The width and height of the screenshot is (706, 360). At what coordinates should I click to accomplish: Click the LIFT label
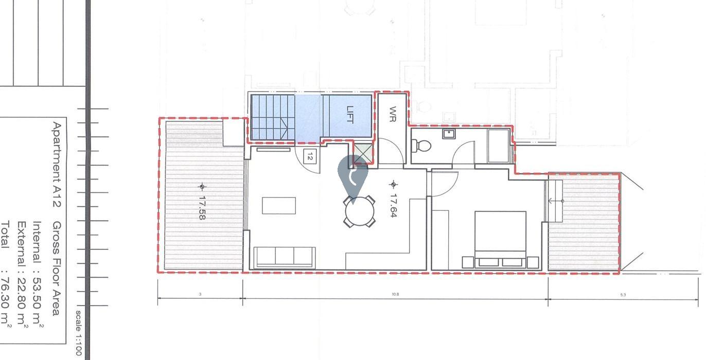(x=350, y=114)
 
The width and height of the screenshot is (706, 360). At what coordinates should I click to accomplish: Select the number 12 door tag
(x=309, y=156)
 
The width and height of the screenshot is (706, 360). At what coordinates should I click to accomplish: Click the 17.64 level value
(x=394, y=205)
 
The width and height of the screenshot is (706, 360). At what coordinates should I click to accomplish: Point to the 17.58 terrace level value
(x=202, y=207)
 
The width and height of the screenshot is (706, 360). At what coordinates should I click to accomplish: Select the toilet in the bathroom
(x=422, y=146)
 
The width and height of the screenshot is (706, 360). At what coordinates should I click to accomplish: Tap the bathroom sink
(x=449, y=134)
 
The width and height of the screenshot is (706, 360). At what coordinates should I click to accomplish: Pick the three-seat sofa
(x=285, y=257)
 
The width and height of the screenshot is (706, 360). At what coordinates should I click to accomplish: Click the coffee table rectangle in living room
(x=279, y=205)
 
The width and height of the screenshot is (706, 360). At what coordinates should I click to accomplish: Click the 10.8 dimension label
(x=395, y=295)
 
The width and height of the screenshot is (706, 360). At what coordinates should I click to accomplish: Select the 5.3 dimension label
(x=623, y=295)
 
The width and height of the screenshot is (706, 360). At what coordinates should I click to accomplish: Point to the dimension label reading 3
(x=200, y=295)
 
